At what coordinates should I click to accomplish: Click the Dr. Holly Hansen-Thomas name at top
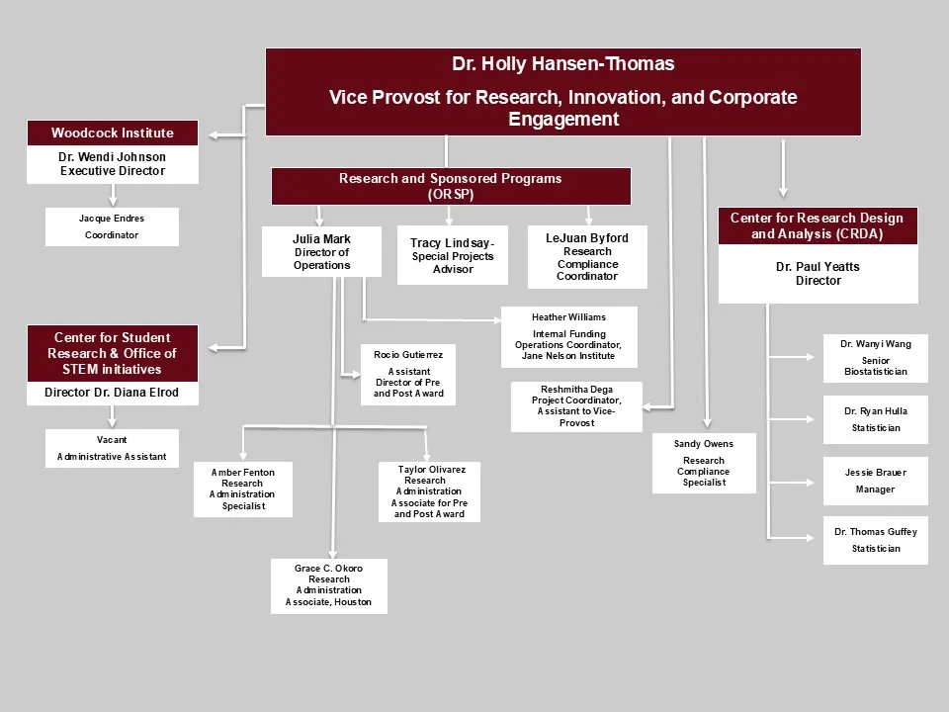tap(562, 64)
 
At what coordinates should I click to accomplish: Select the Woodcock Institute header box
tap(113, 133)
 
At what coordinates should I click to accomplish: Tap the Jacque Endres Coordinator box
tap(112, 226)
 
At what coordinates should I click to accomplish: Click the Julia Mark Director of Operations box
tap(321, 252)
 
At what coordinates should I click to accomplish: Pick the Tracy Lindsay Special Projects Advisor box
tap(453, 255)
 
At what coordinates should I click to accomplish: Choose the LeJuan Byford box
tap(587, 257)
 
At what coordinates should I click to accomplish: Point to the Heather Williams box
tap(568, 336)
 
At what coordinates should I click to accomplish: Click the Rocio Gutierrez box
tap(408, 374)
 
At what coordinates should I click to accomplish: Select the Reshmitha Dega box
tap(576, 406)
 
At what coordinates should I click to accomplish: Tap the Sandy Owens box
tap(704, 463)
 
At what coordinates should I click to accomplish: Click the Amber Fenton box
tap(242, 489)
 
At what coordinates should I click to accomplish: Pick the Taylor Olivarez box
tap(429, 491)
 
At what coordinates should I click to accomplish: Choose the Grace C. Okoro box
tap(328, 585)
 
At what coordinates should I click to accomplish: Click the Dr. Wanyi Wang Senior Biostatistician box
tap(875, 358)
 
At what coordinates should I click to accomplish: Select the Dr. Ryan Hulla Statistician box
tap(875, 419)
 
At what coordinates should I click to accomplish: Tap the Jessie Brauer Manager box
tap(875, 481)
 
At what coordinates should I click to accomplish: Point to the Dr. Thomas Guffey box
tap(875, 540)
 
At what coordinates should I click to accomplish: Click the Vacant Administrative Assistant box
tap(112, 449)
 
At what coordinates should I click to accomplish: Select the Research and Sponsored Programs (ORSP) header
tap(451, 186)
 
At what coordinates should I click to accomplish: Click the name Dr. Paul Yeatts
tap(818, 266)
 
